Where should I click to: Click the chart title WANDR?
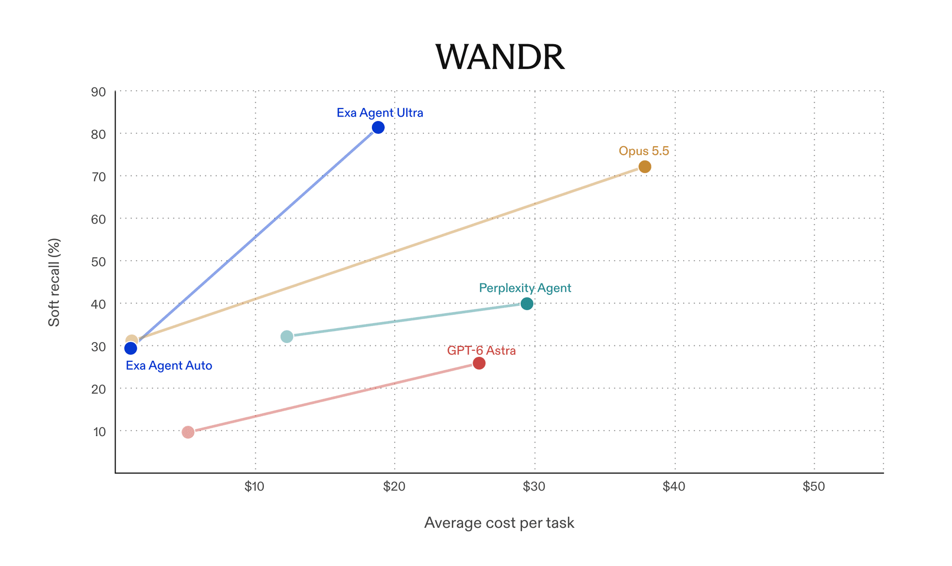(x=500, y=57)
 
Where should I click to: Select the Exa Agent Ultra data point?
(x=378, y=127)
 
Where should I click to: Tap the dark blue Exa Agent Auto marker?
(x=130, y=348)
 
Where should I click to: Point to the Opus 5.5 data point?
(x=645, y=167)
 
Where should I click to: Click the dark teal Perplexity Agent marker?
(x=527, y=303)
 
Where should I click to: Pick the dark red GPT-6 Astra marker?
(x=479, y=363)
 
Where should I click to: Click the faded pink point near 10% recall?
(x=188, y=432)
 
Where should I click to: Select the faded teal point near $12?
(x=287, y=337)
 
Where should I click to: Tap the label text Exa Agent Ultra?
(x=380, y=113)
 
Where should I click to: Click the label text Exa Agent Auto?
(x=169, y=366)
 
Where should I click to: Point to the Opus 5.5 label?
(x=644, y=151)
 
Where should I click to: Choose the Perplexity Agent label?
(x=525, y=288)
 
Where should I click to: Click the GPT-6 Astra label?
(x=481, y=350)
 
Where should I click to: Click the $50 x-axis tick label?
(x=814, y=487)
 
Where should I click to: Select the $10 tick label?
(x=254, y=487)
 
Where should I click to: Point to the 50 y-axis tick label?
(x=98, y=262)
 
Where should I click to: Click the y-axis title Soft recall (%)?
(x=54, y=283)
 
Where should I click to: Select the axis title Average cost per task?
(x=499, y=523)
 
